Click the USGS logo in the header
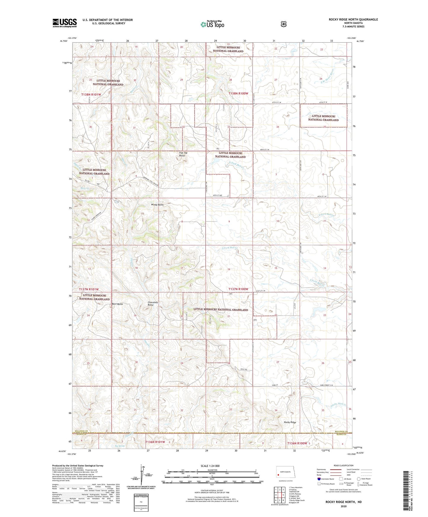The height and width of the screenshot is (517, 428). coord(65,23)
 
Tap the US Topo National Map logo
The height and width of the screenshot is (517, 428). coord(212,24)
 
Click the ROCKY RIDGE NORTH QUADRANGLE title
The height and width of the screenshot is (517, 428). coord(353,20)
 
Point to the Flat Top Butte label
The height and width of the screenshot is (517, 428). coord(183,154)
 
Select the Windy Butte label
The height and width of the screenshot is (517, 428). coord(157,205)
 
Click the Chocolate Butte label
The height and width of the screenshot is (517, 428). coord(153,304)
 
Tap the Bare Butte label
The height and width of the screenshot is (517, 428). coord(117,304)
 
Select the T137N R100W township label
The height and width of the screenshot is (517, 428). coord(238,289)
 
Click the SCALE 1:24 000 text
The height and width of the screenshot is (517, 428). coord(210,466)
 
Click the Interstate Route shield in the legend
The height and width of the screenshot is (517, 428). coord(319,479)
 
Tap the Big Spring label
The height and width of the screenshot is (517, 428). coord(119,446)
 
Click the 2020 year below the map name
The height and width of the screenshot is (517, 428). coord(343,506)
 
